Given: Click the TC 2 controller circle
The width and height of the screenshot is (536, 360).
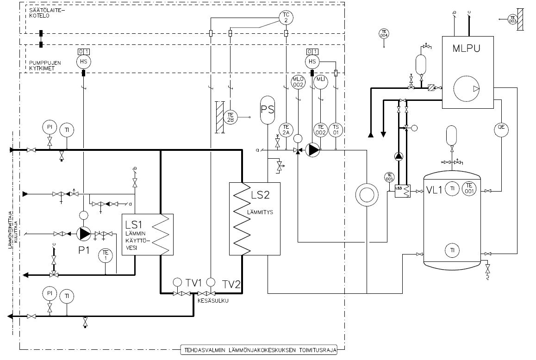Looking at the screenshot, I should [x=286, y=18].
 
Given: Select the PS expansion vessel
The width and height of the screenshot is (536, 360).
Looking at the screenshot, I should [x=268, y=111].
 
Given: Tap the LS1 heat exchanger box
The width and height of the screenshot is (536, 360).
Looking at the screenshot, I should [x=147, y=234].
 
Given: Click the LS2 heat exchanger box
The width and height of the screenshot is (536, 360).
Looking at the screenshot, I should [x=255, y=218].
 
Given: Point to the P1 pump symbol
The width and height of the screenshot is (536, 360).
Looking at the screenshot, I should [x=84, y=234].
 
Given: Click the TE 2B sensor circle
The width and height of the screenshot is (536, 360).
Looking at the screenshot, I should [x=230, y=117].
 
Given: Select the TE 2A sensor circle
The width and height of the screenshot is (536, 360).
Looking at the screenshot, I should [x=286, y=130].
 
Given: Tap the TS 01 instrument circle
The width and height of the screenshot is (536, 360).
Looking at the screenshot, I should [x=335, y=130].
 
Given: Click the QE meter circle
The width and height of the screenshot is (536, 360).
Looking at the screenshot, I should [x=500, y=130].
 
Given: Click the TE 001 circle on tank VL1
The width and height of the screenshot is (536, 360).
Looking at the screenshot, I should [x=469, y=187].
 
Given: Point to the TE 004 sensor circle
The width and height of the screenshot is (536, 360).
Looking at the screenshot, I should [x=383, y=34].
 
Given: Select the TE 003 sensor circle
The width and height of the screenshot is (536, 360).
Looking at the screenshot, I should [x=512, y=20].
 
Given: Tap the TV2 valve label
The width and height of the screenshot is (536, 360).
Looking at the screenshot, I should [x=231, y=284].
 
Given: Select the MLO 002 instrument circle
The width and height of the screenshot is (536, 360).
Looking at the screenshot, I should [x=297, y=82].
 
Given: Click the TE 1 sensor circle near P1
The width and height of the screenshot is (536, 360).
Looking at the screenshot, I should [x=106, y=255].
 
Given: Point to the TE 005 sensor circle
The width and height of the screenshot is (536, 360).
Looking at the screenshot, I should [x=389, y=177].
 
